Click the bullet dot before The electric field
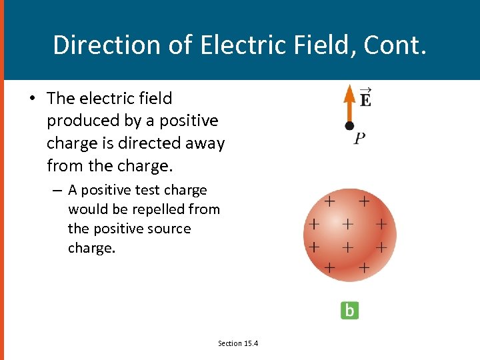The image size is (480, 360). pyautogui.click(x=31, y=99)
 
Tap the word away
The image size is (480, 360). pyautogui.click(x=207, y=143)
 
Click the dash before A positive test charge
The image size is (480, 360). pyautogui.click(x=59, y=191)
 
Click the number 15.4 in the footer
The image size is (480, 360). pyautogui.click(x=251, y=343)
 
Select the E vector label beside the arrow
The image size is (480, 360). pyautogui.click(x=365, y=99)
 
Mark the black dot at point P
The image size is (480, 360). pyautogui.click(x=349, y=125)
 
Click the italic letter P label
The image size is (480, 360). pyautogui.click(x=359, y=139)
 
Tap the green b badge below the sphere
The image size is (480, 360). pyautogui.click(x=349, y=310)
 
